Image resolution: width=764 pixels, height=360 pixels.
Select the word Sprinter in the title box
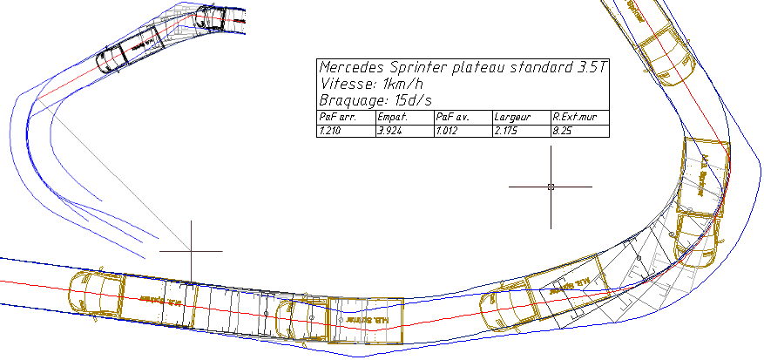pyautogui.click(x=414, y=67)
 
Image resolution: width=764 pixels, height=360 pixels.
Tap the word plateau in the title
pyautogui.click(x=476, y=67)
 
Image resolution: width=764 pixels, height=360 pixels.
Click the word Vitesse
pyautogui.click(x=345, y=84)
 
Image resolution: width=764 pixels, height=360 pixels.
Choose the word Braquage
pyautogui.click(x=352, y=100)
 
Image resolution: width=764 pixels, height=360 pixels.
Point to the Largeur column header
pyautogui.click(x=512, y=116)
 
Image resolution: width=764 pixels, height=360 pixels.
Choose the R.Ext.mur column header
pyautogui.click(x=572, y=116)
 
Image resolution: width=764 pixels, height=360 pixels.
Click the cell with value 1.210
pyautogui.click(x=330, y=131)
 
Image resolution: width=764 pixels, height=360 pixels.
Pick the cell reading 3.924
pyautogui.click(x=389, y=131)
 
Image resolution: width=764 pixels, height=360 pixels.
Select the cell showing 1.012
pyautogui.click(x=447, y=131)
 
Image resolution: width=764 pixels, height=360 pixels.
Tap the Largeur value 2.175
pyautogui.click(x=506, y=131)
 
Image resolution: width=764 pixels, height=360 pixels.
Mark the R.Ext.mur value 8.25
pyautogui.click(x=562, y=131)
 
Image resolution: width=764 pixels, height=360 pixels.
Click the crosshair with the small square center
pyautogui.click(x=551, y=187)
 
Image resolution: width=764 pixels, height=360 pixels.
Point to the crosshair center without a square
pyautogui.click(x=191, y=251)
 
